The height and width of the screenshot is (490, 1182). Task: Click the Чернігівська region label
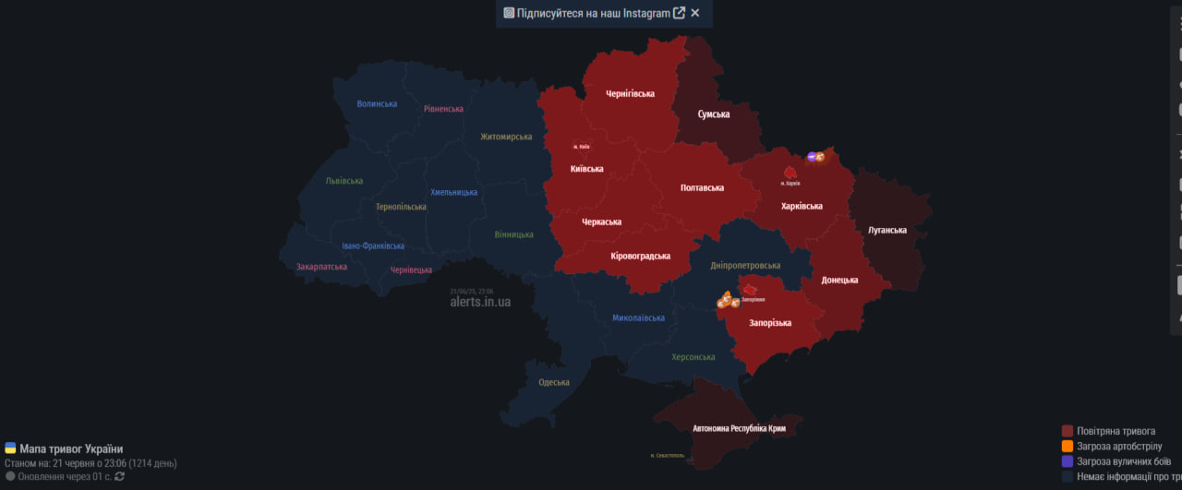coord(630,93)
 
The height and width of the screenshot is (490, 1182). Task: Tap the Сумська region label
coord(714,114)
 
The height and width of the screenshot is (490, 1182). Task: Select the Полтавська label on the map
coord(702,187)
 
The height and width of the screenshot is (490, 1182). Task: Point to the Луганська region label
coord(887,230)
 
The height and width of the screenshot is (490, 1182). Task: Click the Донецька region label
coord(839,280)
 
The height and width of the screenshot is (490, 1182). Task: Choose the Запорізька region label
coord(770,323)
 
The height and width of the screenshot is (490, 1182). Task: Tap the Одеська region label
coord(554,382)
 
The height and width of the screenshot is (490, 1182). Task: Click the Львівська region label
coord(344,181)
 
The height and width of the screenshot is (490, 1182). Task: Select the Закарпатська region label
coord(321,267)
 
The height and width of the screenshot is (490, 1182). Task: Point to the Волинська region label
coord(377,104)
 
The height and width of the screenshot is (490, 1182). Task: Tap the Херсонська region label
coord(693,357)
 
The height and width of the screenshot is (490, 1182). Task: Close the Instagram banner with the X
coord(695,13)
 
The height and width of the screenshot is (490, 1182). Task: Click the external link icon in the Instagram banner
coord(680,13)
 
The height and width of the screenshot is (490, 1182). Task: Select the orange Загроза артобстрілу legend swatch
coord(1067,446)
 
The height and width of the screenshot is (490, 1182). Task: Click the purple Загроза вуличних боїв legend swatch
coord(1067,461)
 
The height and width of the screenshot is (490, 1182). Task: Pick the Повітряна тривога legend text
coord(1116,431)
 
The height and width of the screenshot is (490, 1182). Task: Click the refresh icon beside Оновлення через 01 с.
coord(119,476)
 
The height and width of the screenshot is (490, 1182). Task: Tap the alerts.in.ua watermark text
coord(479,302)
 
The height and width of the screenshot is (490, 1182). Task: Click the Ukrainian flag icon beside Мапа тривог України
coord(10,448)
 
